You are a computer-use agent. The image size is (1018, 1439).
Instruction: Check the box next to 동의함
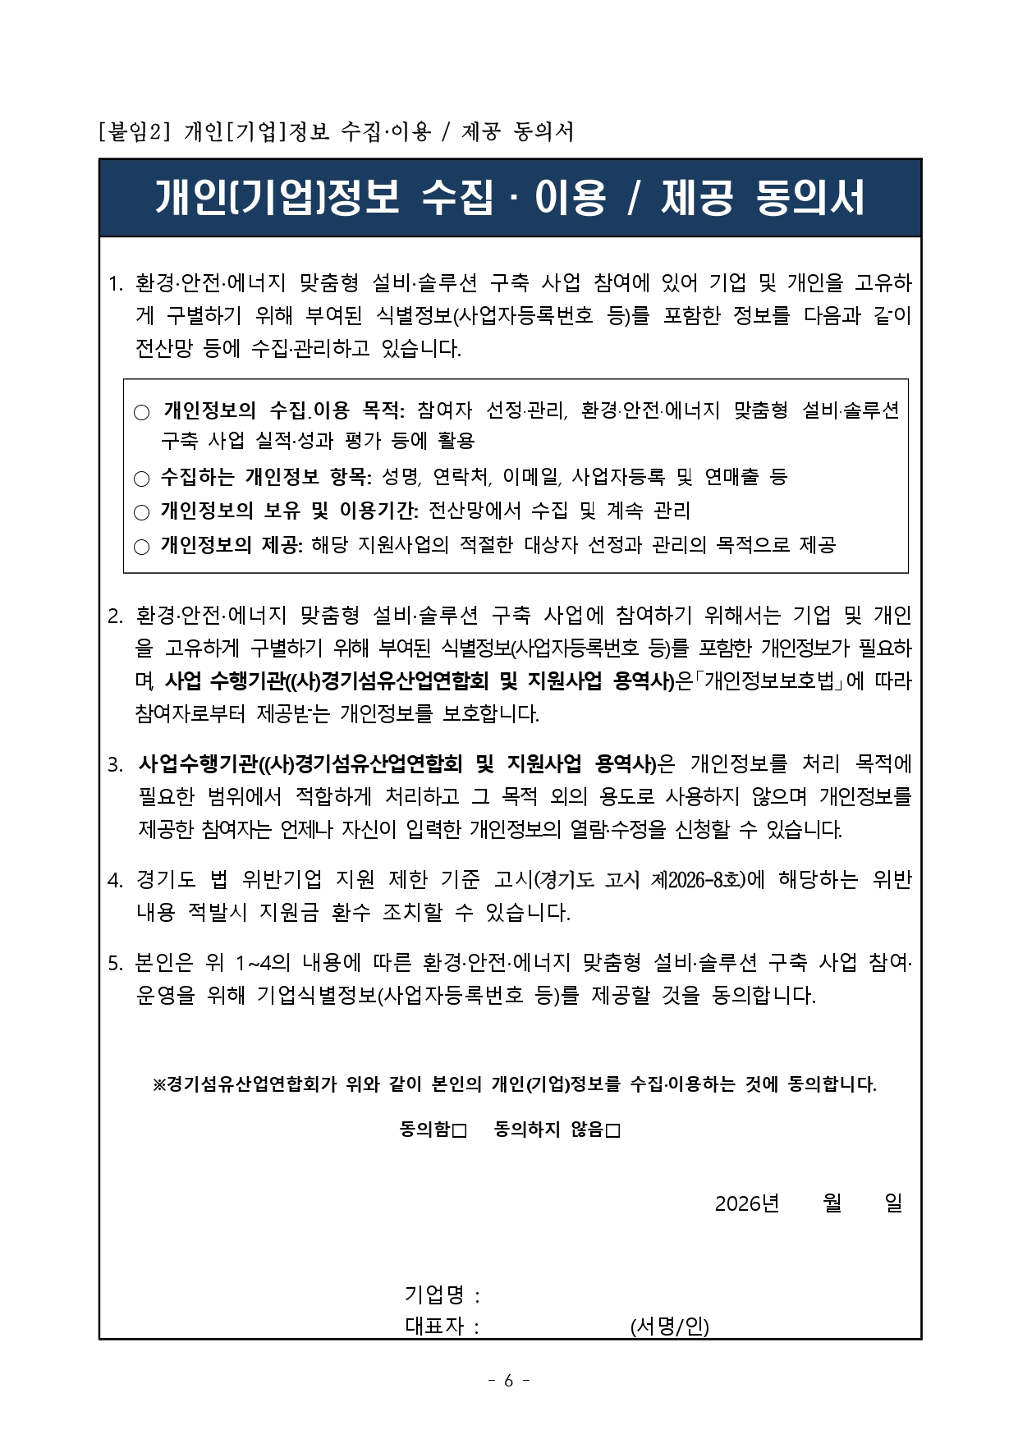459,1131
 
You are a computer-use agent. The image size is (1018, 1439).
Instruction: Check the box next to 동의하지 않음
612,1131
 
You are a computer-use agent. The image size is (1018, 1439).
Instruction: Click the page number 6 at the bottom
508,1381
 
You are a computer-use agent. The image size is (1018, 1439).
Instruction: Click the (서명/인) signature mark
669,1326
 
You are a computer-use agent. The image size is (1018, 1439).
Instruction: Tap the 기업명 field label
434,1295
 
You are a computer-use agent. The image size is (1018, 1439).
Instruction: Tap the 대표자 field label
434,1326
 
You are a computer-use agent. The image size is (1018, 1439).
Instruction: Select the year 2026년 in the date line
746,1203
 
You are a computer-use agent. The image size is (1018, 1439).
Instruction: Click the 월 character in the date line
832,1203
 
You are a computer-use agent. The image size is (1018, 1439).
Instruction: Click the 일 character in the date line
893,1203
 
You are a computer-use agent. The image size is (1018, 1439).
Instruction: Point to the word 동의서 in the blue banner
809,198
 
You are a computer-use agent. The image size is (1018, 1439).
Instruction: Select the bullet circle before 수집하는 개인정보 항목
142,479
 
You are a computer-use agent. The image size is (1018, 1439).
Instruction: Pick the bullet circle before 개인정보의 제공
142,547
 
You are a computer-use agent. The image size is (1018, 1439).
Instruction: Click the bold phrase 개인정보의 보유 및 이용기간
288,511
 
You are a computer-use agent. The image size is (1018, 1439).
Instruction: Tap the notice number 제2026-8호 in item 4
697,880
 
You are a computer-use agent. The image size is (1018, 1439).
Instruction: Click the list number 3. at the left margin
116,765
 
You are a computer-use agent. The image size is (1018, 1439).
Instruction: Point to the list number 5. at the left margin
116,964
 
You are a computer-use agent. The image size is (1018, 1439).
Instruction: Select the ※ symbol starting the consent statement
160,1084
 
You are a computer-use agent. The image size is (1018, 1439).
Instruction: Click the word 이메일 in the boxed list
530,476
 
